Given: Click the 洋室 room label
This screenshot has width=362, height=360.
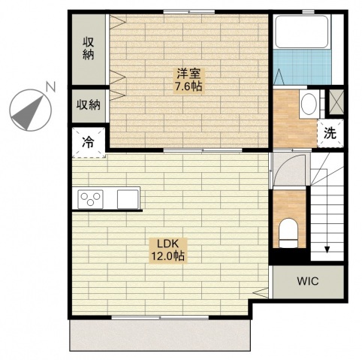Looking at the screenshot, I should coord(188,73).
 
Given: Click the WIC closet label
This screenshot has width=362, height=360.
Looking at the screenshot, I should coord(306,283).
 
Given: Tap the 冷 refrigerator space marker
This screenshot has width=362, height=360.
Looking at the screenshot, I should coord(89,141).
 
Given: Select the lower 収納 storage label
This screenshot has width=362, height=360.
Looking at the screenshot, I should coord(89,105).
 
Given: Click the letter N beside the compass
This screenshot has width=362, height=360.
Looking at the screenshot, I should coord(50,87).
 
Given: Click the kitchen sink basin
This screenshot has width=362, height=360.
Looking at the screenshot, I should coord(127,198).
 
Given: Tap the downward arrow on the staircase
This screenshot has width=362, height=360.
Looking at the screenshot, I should coord(327,248).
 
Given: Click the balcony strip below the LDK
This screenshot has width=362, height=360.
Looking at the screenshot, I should coord(159,334).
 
